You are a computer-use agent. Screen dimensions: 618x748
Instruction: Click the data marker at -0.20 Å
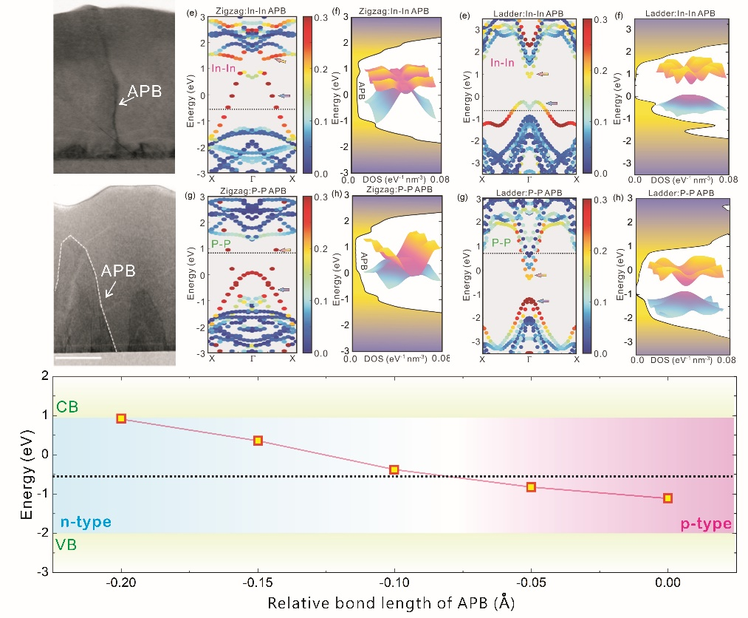(x=121, y=418)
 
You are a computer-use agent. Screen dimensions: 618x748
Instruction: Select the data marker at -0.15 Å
(x=258, y=441)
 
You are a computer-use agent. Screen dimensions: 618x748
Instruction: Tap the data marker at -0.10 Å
(x=394, y=469)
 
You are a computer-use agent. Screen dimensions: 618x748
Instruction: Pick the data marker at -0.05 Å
(x=531, y=487)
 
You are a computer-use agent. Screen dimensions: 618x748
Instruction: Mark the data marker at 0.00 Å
(x=668, y=498)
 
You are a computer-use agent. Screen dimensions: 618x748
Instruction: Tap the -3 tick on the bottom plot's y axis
(x=44, y=571)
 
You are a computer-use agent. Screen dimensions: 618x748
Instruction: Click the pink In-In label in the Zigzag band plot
(x=224, y=68)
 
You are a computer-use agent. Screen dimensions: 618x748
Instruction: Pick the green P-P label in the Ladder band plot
(x=501, y=242)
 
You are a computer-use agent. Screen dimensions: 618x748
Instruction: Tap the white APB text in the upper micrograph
(x=145, y=92)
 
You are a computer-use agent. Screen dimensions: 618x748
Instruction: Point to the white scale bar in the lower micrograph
(x=78, y=358)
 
